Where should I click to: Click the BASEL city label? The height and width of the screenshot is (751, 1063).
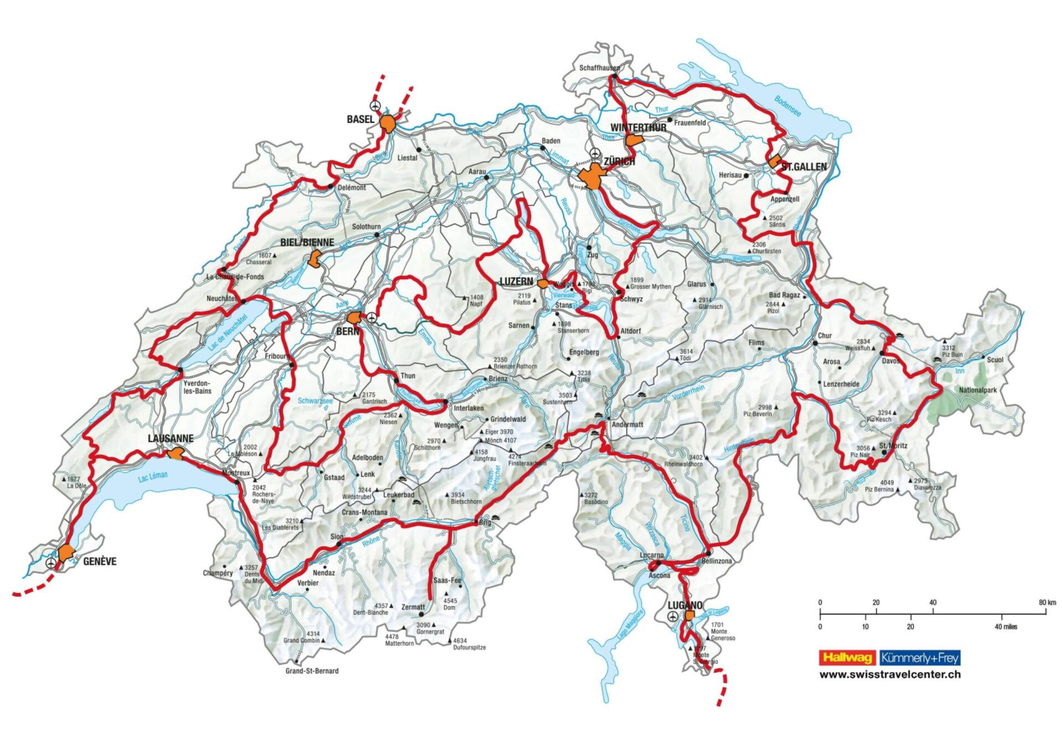tap(360, 120)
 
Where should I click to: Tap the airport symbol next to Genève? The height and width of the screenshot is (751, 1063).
tap(51, 563)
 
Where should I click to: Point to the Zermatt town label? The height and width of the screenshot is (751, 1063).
tap(413, 607)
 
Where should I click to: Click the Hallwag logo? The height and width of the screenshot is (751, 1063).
tap(847, 657)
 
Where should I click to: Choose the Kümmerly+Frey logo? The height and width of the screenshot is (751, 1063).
tap(920, 657)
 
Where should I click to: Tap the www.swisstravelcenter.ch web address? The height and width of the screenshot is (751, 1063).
tap(890, 675)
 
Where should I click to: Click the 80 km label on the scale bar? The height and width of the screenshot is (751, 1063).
tap(1047, 602)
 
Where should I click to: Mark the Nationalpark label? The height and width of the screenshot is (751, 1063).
tap(977, 390)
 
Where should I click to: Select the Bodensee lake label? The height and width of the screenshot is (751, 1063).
tap(787, 106)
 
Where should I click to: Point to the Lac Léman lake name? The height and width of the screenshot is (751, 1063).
tap(152, 476)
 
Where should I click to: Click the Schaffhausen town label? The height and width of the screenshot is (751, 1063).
tap(599, 68)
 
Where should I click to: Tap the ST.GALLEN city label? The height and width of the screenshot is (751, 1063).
tap(803, 167)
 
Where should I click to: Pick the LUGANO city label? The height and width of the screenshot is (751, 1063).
tap(685, 605)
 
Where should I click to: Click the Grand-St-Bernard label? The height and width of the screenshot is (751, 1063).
tap(312, 671)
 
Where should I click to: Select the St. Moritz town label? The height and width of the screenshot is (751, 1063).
tap(893, 446)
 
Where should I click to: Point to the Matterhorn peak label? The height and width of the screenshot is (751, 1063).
tap(399, 643)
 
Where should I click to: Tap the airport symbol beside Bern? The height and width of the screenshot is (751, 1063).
tap(371, 317)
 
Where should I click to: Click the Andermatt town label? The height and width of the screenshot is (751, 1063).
tap(627, 424)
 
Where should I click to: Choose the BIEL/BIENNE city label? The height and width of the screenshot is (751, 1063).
tap(307, 242)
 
